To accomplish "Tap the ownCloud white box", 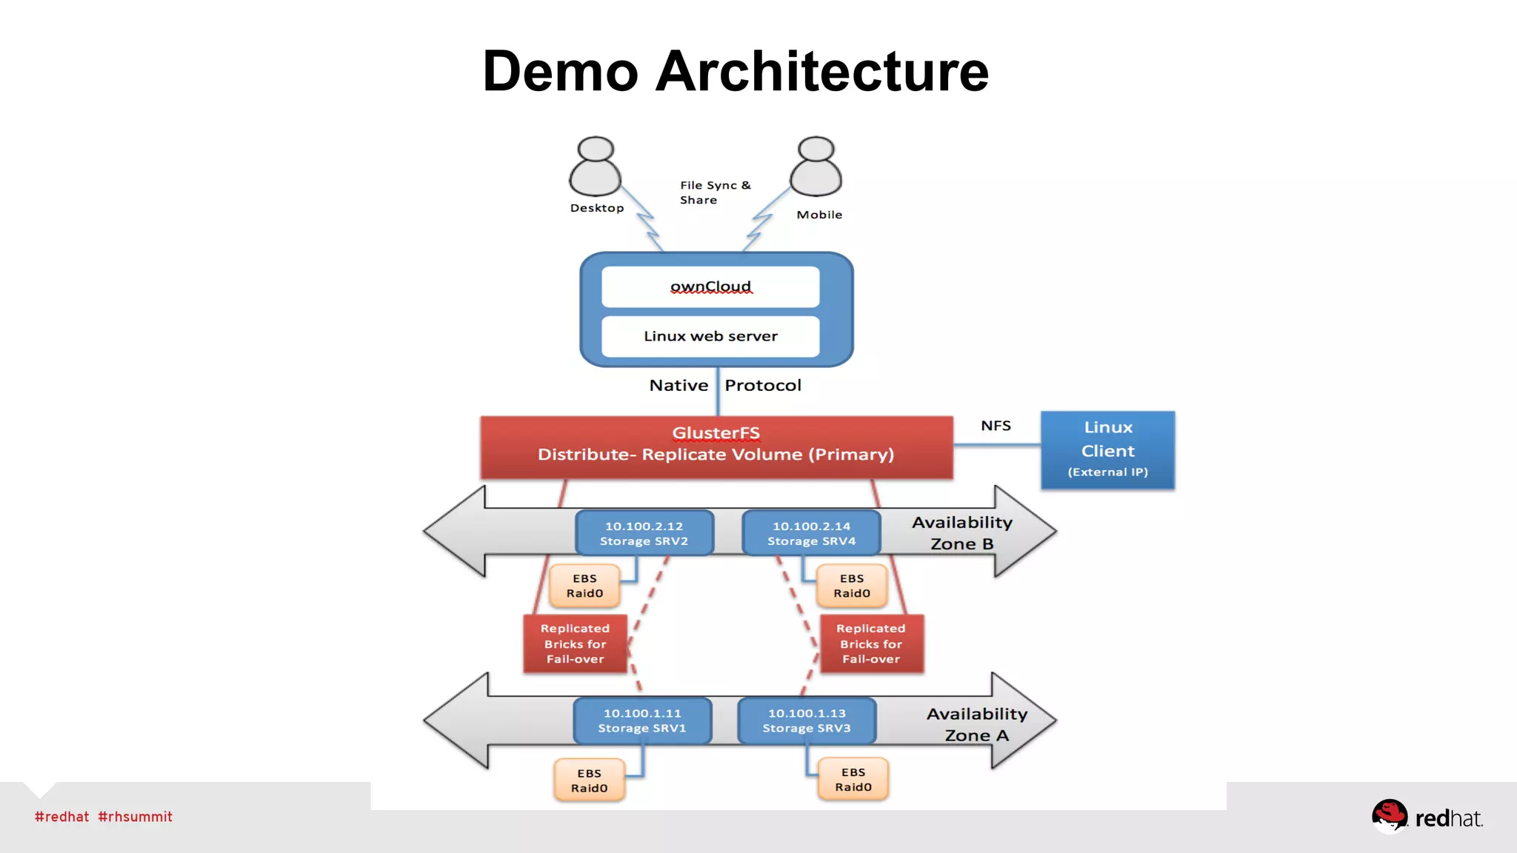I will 710,287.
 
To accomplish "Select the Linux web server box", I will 710,336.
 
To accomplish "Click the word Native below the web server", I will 679,385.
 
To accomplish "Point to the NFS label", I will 996,426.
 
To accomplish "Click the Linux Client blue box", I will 1107,449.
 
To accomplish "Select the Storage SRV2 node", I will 644,533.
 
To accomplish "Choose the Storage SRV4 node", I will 811,533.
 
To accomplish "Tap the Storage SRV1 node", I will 642,720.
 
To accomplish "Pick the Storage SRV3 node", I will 807,720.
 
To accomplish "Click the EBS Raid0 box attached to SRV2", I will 584,586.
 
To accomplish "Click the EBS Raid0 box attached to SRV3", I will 853,780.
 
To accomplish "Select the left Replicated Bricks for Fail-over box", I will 575,643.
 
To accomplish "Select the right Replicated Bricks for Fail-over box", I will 871,643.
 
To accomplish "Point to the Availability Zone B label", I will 961,532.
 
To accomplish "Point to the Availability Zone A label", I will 976,724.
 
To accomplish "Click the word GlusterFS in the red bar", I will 716,432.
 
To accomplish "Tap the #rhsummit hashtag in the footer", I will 135,817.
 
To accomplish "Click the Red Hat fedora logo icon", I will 1389,816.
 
